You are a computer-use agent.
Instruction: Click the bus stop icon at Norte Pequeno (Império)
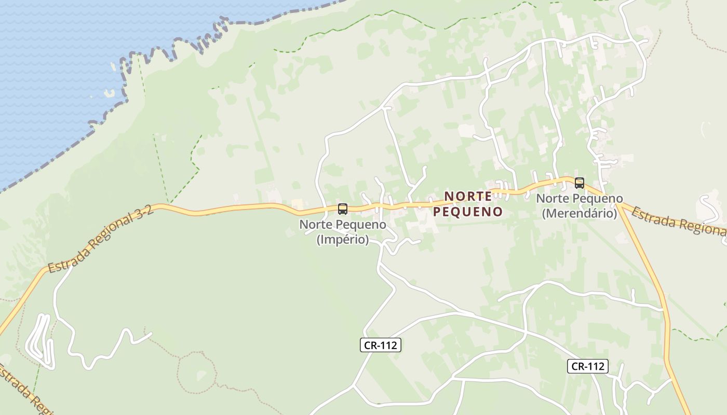coord(343,209)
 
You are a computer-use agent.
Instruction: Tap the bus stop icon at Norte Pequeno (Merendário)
coord(580,183)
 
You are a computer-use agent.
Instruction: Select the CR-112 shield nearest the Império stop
coord(381,345)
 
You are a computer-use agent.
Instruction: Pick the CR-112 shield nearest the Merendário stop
coord(587,366)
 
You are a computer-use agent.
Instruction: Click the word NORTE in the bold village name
coord(468,196)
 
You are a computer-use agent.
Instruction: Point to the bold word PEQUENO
coord(468,212)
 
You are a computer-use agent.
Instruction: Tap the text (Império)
coord(343,240)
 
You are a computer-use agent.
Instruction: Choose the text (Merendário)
coord(580,213)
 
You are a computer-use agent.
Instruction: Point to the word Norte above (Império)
coord(316,225)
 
